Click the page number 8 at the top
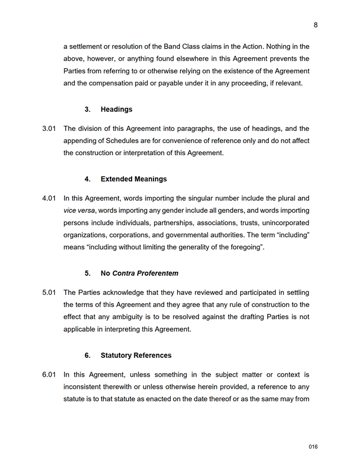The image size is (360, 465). coord(316,25)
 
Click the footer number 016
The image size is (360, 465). coord(313,447)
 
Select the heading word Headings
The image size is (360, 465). coord(116,109)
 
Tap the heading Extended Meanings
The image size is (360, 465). coord(133,179)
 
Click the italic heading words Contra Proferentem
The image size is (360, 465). coord(145,273)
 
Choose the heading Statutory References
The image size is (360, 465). coord(136,355)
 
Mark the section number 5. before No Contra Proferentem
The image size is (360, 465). coord(88,273)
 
